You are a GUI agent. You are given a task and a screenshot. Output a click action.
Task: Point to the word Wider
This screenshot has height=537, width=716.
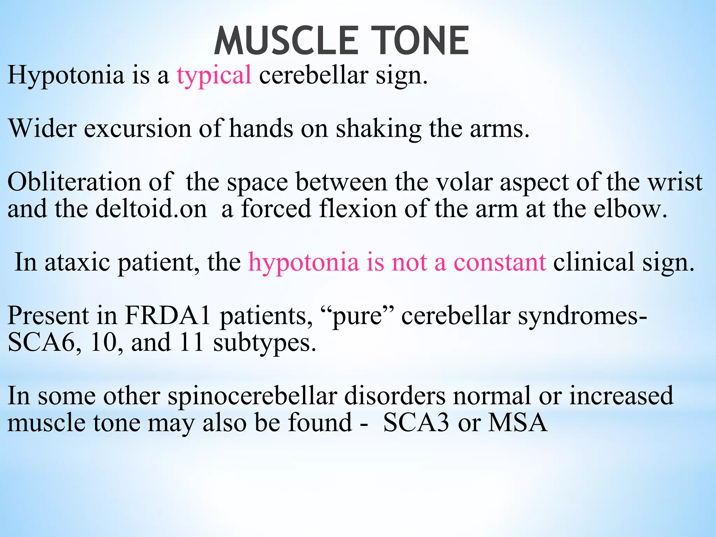click(42, 128)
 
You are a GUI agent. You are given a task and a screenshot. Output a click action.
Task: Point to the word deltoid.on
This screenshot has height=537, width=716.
click(151, 208)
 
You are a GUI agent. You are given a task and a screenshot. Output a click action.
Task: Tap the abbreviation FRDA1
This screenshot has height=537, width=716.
click(168, 315)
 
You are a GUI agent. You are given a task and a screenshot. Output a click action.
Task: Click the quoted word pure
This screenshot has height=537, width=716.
click(357, 316)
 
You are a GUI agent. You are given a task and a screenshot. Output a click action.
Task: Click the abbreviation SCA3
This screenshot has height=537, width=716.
click(416, 423)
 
